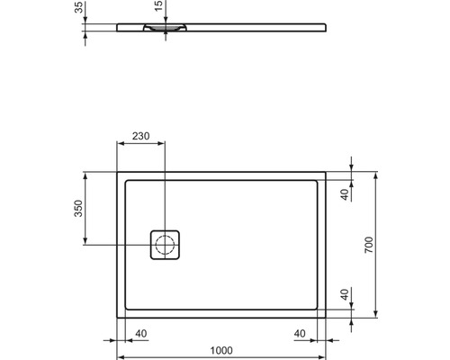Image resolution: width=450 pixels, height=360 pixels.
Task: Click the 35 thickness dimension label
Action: tap(79, 9)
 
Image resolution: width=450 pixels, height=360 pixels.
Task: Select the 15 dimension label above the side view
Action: tap(159, 8)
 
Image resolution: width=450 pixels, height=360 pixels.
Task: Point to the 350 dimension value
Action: tap(78, 209)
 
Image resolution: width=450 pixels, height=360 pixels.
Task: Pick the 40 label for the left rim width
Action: tap(141, 334)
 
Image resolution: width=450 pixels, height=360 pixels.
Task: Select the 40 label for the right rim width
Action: tap(301, 334)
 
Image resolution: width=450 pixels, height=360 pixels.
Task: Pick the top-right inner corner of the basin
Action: tap(316, 180)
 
